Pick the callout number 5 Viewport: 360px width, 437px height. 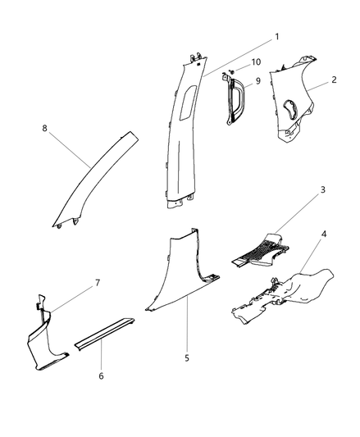[187, 357]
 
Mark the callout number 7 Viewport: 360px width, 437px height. [98, 283]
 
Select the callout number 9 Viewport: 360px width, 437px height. [257, 80]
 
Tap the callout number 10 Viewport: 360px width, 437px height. [256, 62]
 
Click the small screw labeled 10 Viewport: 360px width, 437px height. [232, 73]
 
